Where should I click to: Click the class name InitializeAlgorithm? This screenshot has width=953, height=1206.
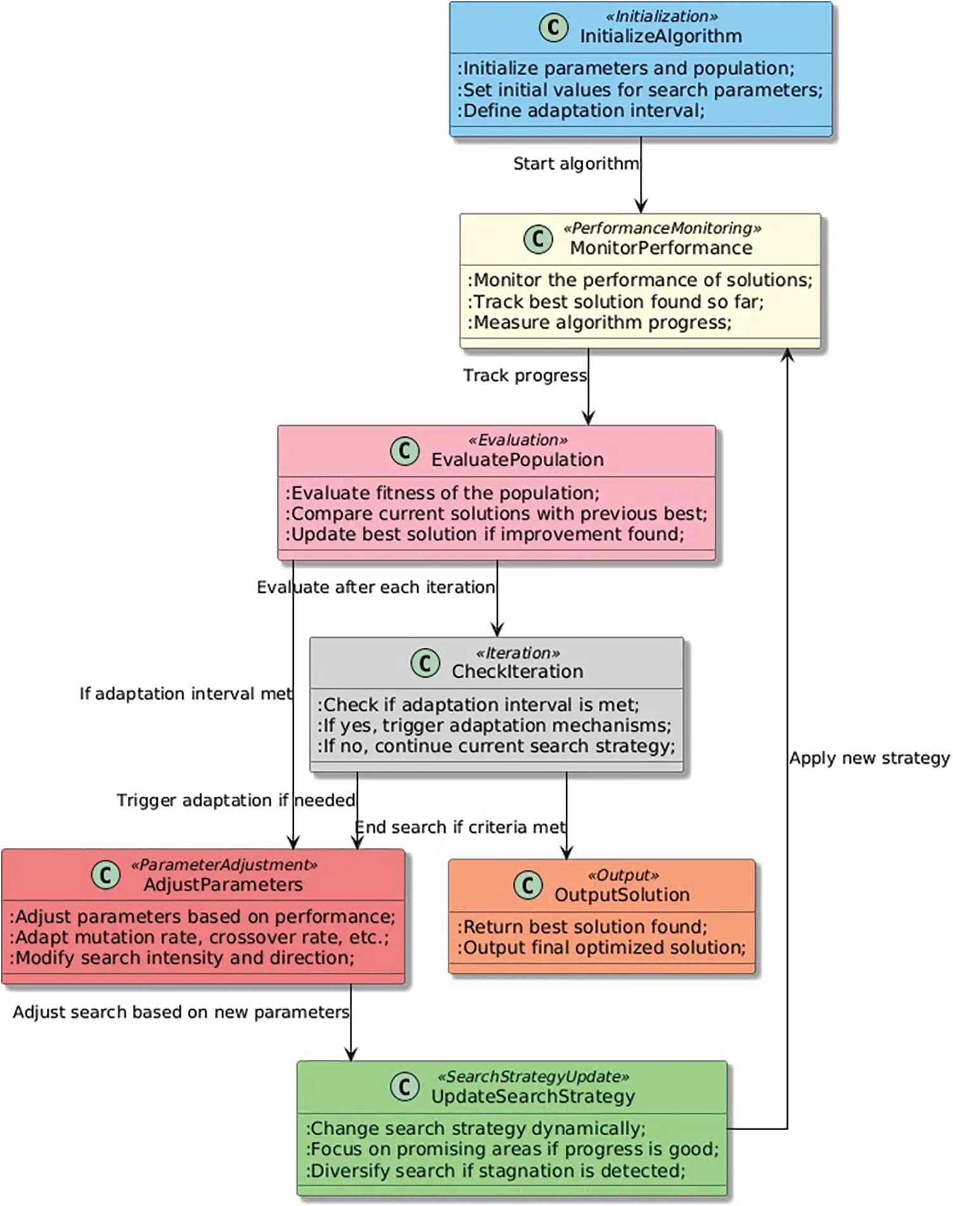pyautogui.click(x=660, y=36)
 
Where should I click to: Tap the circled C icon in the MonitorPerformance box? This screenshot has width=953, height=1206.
pyautogui.click(x=538, y=239)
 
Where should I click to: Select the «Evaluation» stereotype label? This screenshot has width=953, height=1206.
pyautogui.click(x=517, y=440)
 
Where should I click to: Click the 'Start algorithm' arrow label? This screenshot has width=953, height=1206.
pyautogui.click(x=576, y=163)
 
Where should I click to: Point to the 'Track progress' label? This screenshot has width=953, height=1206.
pyautogui.click(x=525, y=376)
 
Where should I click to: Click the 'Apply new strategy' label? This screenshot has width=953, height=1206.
pyautogui.click(x=869, y=758)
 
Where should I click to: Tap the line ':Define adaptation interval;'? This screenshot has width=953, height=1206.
pyautogui.click(x=581, y=111)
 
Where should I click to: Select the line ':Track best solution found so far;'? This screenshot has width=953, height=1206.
pyautogui.click(x=615, y=301)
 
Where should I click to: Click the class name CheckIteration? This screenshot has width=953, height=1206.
pyautogui.click(x=517, y=671)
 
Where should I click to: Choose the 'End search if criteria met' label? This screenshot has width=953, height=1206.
pyautogui.click(x=460, y=827)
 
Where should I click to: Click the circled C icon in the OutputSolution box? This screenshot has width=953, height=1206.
pyautogui.click(x=527, y=885)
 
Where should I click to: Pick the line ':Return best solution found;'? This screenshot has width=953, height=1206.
pyautogui.click(x=582, y=927)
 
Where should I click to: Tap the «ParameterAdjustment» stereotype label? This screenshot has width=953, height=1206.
pyautogui.click(x=224, y=865)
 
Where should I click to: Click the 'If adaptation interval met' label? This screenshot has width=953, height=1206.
pyautogui.click(x=186, y=694)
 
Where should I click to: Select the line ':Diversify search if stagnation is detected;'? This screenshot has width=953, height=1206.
pyautogui.click(x=495, y=1171)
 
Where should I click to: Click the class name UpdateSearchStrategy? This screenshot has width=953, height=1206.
pyautogui.click(x=533, y=1096)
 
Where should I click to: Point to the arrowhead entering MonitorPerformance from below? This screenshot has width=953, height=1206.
pyautogui.click(x=787, y=355)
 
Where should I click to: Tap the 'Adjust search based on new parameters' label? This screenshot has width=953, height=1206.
pyautogui.click(x=180, y=1012)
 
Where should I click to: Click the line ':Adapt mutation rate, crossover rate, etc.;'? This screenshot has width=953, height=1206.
pyautogui.click(x=199, y=937)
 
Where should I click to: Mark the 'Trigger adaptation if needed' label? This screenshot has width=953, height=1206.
pyautogui.click(x=236, y=801)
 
